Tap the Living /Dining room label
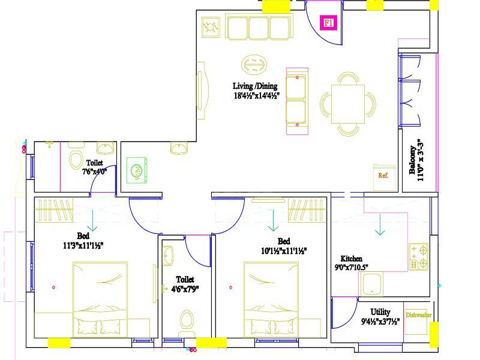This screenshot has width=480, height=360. pos(255,86)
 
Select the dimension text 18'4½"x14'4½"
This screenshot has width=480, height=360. pos(257,95)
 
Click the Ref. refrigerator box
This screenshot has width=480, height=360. pos(384,176)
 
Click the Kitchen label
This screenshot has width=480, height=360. pos(351,259)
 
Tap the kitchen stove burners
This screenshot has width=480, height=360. pos(418,256)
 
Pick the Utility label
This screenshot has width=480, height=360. pos(380,312)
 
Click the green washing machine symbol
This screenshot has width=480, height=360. pos(136,170)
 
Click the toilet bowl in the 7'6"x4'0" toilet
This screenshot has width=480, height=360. pos(76,160)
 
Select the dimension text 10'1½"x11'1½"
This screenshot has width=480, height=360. pos(284,251)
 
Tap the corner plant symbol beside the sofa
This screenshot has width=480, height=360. pos(211,28)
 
